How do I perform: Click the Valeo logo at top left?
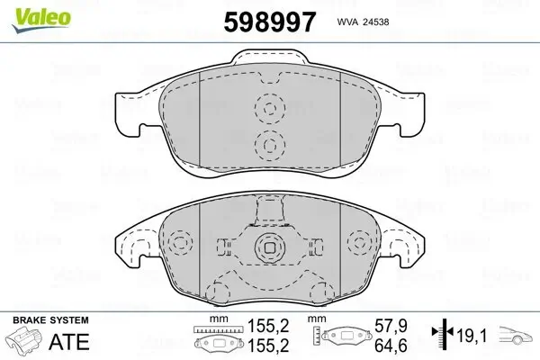point(41,20)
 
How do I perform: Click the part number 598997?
point(270,22)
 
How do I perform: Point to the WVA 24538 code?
point(363,22)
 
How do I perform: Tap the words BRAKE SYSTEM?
point(50,320)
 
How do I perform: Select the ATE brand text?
point(69,341)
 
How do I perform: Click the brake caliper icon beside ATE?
point(23,340)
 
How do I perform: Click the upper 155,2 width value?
point(268,326)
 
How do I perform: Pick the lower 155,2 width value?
point(268,346)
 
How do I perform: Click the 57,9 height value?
point(391,326)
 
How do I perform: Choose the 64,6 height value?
point(391,346)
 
